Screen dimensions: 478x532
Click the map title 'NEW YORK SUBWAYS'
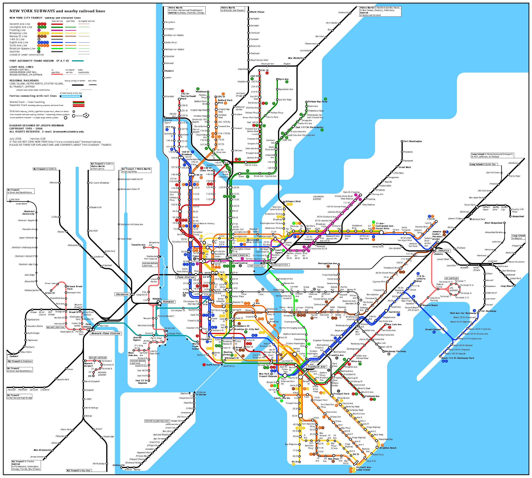click(32, 11)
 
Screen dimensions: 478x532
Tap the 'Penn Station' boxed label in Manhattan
click(186, 277)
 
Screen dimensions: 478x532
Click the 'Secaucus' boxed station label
click(122, 294)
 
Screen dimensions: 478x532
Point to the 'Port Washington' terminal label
click(412, 141)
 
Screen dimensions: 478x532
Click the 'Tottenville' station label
click(119, 465)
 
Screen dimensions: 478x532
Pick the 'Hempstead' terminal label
click(518, 216)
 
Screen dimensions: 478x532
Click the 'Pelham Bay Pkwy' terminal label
click(318, 102)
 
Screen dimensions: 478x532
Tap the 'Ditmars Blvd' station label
click(293, 201)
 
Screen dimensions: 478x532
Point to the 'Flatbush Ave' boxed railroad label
click(316, 367)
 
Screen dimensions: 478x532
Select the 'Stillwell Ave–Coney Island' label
click(364, 468)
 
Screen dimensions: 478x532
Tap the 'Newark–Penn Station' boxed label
click(106, 333)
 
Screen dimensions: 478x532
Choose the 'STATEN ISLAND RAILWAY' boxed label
click(157, 421)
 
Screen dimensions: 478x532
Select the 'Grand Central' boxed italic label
click(239, 255)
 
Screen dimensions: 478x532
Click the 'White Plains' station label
click(257, 12)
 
